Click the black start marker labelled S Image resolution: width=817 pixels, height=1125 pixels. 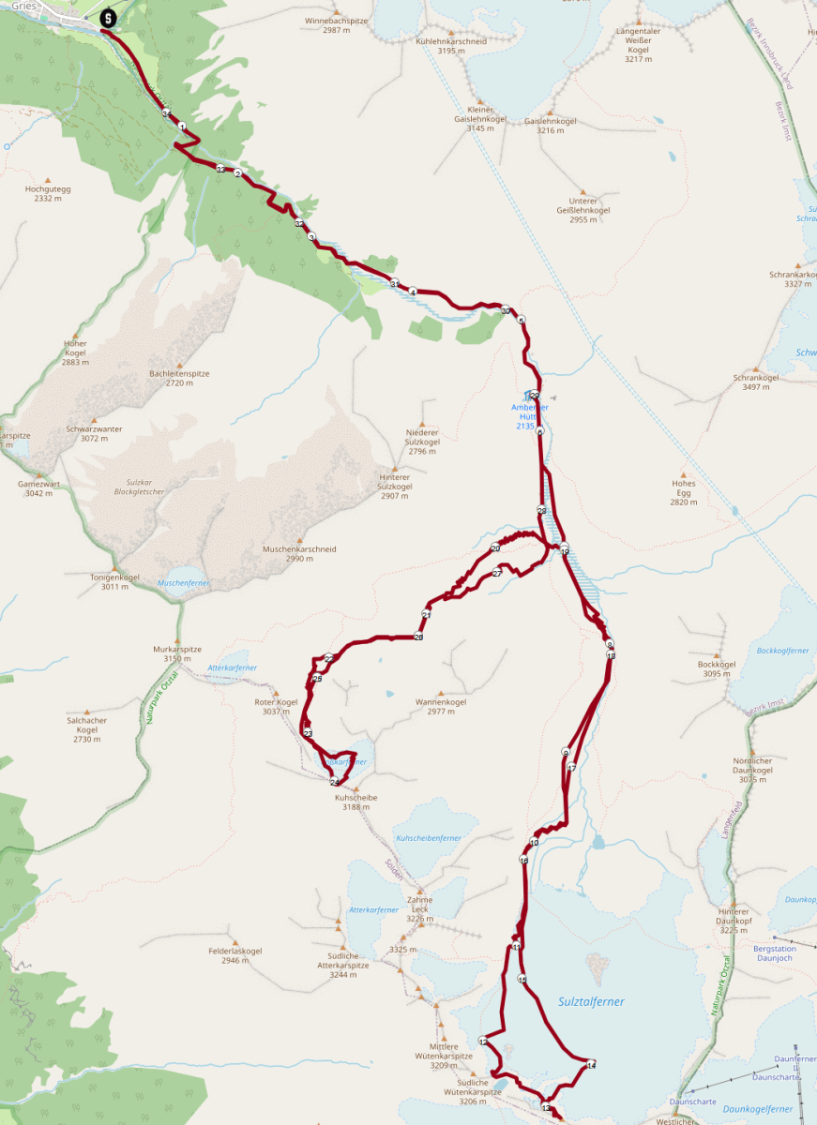108,18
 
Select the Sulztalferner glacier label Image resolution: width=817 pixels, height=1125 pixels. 591,1001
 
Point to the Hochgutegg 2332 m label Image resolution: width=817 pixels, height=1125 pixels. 48,193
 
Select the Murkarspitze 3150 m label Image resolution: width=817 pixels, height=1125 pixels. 177,653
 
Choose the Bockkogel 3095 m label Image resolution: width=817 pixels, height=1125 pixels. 717,668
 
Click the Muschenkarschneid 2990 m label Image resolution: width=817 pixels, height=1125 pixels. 299,553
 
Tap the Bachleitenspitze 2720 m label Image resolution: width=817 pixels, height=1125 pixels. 179,378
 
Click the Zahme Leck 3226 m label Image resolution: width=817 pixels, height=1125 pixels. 419,908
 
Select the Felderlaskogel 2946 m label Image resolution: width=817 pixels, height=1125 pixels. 235,955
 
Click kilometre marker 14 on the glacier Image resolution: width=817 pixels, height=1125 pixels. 591,1065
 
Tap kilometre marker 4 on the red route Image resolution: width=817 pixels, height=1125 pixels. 413,292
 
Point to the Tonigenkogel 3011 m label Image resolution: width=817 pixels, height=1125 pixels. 114,581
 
